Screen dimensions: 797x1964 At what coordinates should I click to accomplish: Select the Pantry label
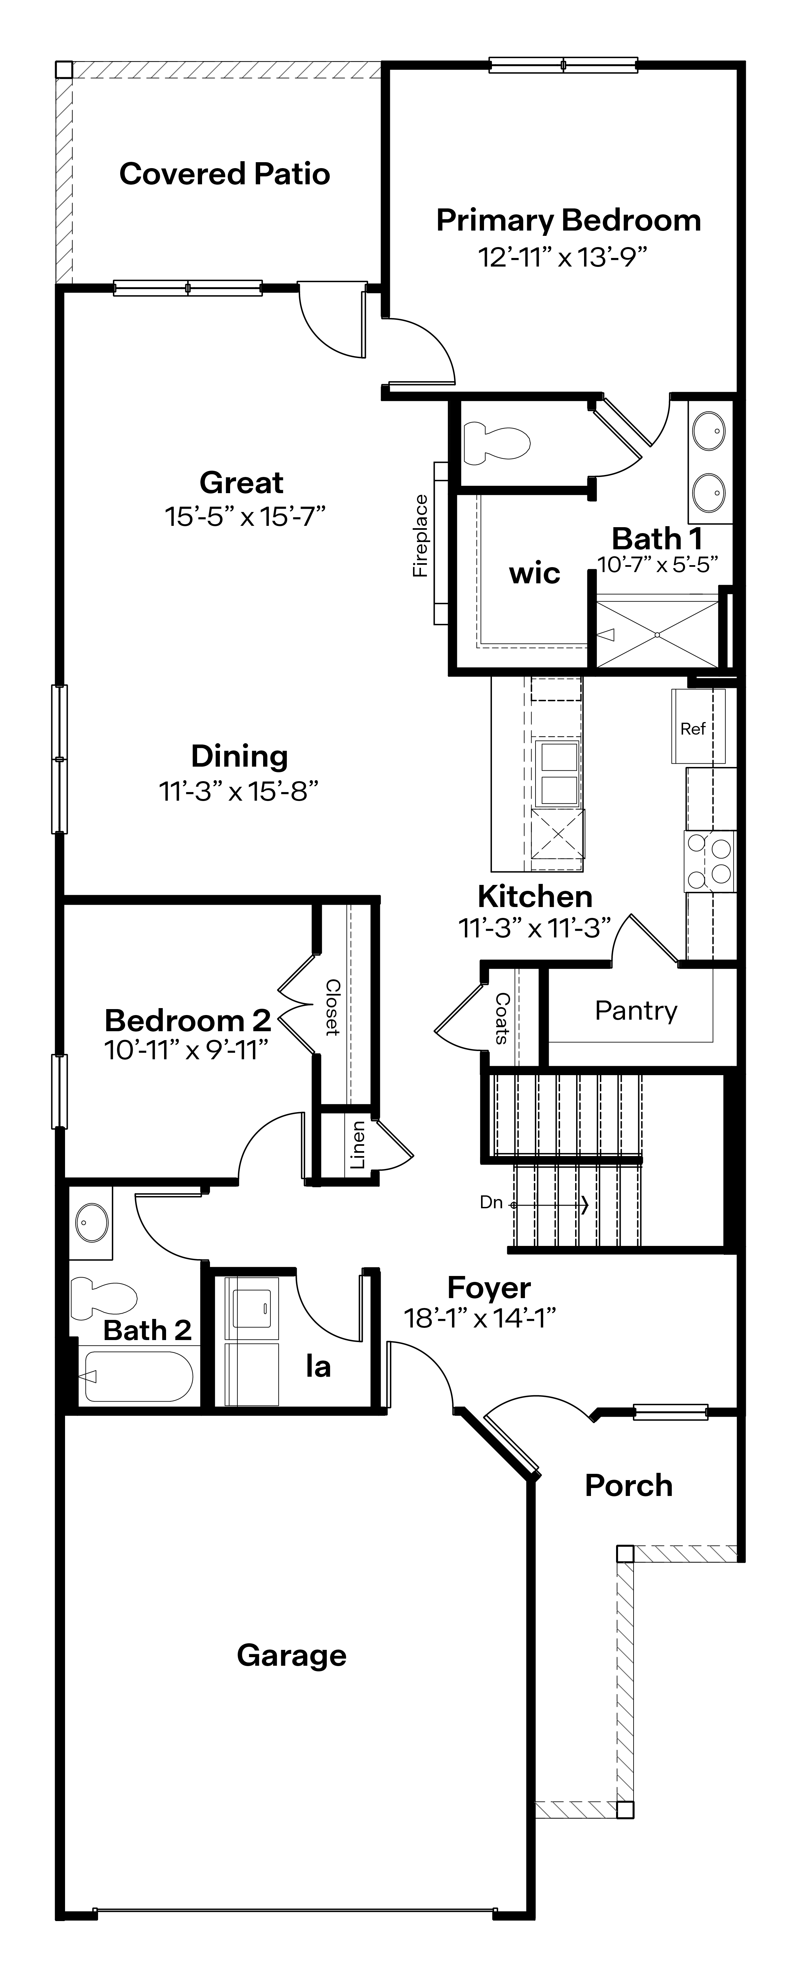636,1011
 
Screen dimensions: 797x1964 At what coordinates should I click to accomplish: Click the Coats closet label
502,1018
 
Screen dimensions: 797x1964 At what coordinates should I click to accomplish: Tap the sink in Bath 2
91,1222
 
